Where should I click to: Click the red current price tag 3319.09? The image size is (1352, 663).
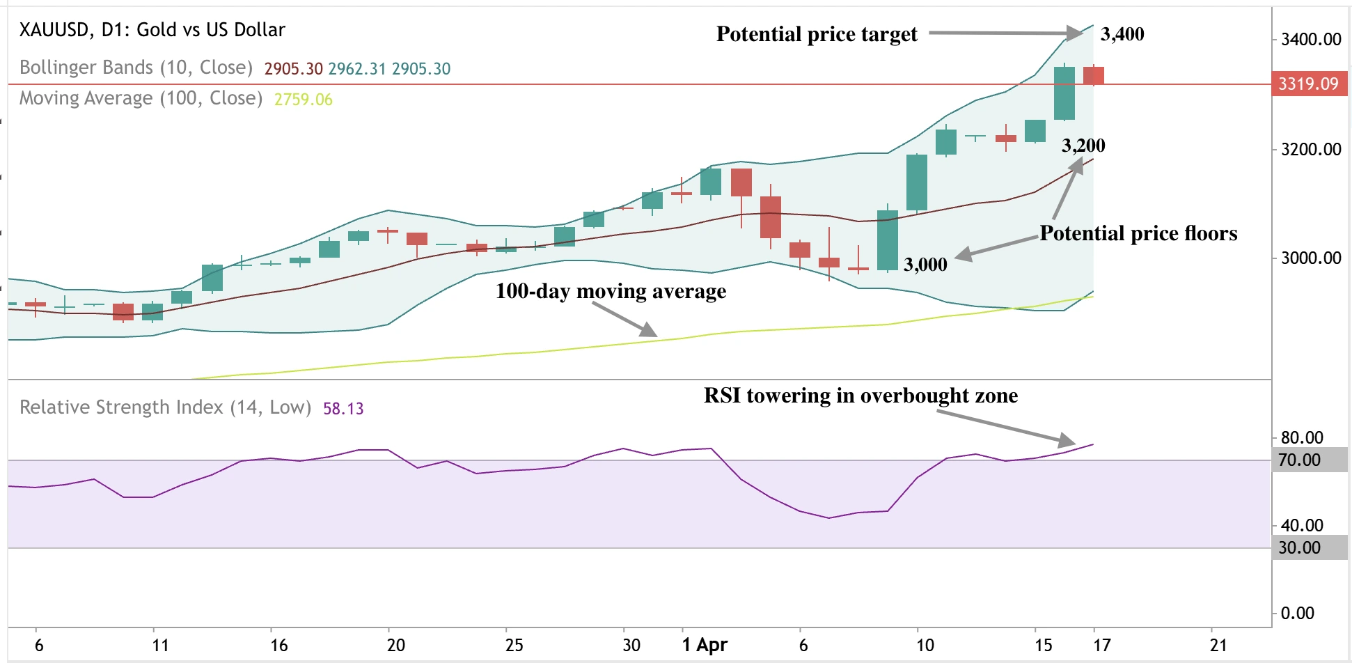[x=1308, y=84]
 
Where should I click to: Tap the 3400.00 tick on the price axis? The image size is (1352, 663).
[x=1310, y=40]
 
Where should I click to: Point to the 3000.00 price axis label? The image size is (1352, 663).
[x=1310, y=258]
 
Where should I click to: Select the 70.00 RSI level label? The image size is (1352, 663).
[x=1299, y=460]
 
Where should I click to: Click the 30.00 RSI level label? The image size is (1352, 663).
[x=1299, y=548]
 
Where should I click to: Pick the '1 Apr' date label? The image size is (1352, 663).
[x=704, y=645]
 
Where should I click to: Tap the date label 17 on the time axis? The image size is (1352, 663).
[x=1101, y=645]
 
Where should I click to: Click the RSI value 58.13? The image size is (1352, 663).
[x=343, y=409]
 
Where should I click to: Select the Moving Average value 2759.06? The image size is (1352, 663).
[x=303, y=100]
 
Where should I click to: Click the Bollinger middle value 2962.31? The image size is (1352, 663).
[x=356, y=69]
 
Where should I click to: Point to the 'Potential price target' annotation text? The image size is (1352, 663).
[x=816, y=34]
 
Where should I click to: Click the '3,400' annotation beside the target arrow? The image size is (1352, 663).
[x=1122, y=34]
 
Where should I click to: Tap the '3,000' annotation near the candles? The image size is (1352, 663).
[x=925, y=265]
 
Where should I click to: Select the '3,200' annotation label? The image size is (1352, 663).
[x=1083, y=146]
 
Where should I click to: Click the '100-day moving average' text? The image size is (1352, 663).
[x=610, y=291]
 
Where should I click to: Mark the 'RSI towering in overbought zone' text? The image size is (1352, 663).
[x=860, y=396]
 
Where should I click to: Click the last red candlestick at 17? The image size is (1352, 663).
[x=1093, y=75]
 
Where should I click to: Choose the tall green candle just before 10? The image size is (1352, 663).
[x=887, y=240]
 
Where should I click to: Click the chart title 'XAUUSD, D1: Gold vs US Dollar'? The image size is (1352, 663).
[x=152, y=30]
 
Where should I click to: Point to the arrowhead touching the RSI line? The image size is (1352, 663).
[x=1067, y=440]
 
